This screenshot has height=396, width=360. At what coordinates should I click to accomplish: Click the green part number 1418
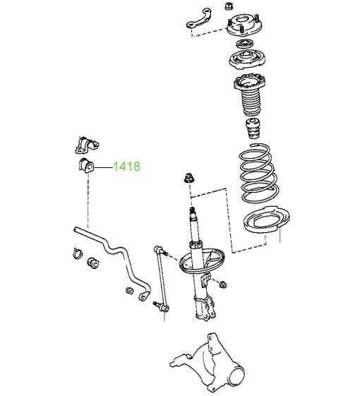coord(126,167)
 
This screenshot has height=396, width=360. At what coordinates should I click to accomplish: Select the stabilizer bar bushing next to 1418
coord(85,165)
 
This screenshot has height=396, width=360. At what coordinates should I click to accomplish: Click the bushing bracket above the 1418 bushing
coord(87,145)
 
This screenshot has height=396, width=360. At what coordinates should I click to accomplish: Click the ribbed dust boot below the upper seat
coord(250,95)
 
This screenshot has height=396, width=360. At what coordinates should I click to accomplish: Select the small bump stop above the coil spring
coord(253,128)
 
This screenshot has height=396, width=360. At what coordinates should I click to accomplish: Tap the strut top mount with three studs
coord(244,25)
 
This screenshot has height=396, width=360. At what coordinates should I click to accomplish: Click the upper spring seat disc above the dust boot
coord(247,59)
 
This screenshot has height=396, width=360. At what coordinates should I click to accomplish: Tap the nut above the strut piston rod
coord(188,179)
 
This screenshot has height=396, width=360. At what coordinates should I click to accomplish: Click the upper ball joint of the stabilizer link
coord(159,251)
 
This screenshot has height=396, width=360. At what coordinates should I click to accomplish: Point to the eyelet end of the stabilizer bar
coord(143,296)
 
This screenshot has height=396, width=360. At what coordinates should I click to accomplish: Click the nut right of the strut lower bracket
coord(222,284)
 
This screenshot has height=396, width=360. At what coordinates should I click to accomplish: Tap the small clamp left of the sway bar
coord(77,253)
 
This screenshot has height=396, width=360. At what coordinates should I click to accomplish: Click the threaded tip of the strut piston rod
coord(192,210)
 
